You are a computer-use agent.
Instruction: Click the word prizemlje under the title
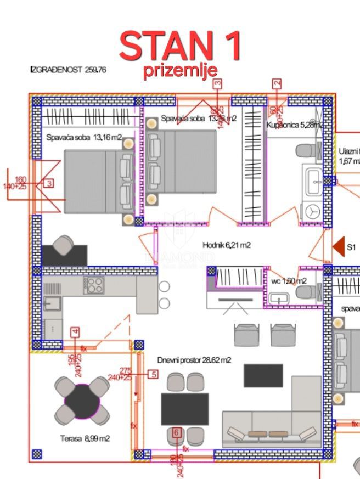click(x=181, y=71)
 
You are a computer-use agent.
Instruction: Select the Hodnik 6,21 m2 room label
click(x=226, y=245)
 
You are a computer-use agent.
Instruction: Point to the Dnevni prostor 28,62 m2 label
click(x=194, y=360)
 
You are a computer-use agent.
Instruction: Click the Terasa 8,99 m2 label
click(x=85, y=438)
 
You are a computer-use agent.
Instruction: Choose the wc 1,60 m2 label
click(x=289, y=281)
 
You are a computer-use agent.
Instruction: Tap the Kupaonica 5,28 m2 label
click(x=294, y=125)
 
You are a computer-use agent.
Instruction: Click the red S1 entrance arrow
click(x=339, y=247)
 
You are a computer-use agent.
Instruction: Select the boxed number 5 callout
click(x=153, y=375)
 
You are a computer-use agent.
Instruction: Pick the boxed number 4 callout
click(x=76, y=331)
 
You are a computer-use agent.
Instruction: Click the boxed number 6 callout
click(x=176, y=432)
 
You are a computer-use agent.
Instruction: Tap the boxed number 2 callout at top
click(x=277, y=83)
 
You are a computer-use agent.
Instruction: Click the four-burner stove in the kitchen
click(x=94, y=285)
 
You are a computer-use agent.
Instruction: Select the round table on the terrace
click(x=82, y=401)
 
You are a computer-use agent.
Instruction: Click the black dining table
click(x=184, y=409)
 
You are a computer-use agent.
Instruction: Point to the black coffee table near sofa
click(x=263, y=375)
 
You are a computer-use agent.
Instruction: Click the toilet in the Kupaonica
click(x=305, y=150)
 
